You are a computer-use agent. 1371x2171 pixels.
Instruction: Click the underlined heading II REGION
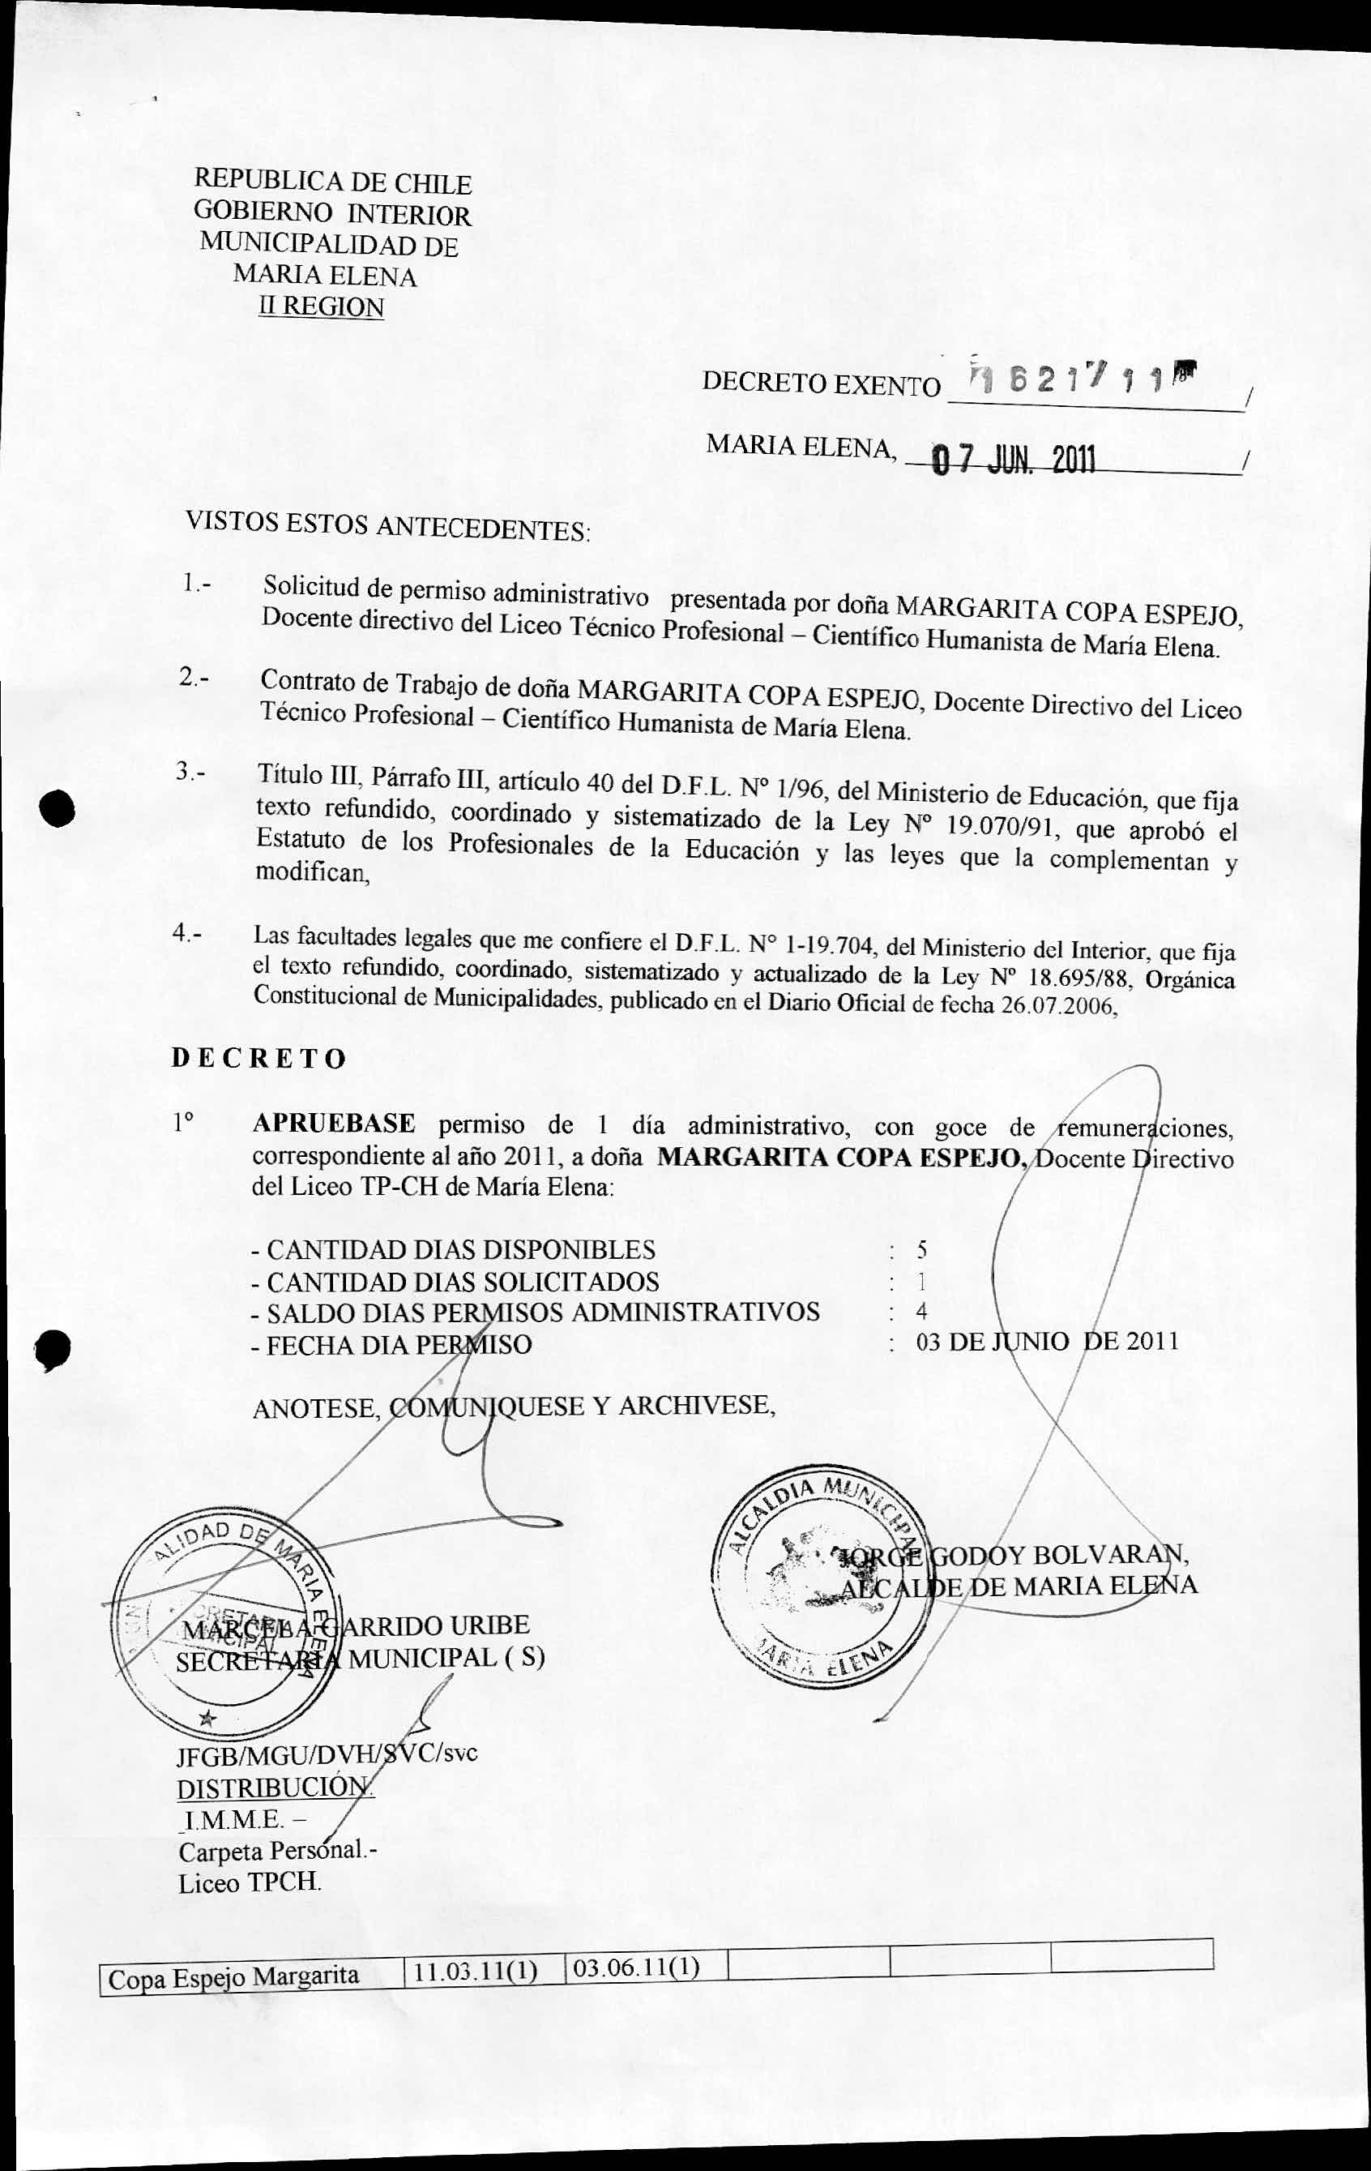tap(321, 306)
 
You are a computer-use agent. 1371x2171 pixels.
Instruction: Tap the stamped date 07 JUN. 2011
tap(1011, 460)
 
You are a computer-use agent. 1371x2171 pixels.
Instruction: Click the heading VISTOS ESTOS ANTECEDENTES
tap(387, 525)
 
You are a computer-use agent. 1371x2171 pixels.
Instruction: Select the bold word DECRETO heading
tap(258, 1058)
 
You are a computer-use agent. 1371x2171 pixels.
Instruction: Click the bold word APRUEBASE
tap(334, 1124)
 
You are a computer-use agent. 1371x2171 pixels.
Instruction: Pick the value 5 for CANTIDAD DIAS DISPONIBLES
tap(921, 1249)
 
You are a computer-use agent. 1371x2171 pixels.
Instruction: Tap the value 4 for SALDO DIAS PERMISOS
tap(920, 1311)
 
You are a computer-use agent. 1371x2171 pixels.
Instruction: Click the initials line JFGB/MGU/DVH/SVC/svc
tap(327, 1754)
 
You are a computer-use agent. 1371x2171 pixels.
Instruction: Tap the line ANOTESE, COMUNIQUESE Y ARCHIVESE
tap(514, 1407)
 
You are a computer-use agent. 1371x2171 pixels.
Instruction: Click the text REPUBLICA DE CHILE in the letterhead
tap(332, 182)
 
